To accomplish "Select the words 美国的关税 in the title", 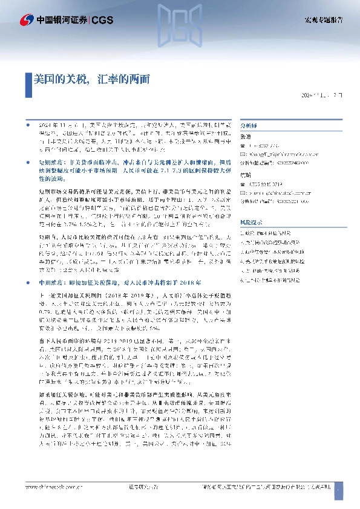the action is click(61, 79).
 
